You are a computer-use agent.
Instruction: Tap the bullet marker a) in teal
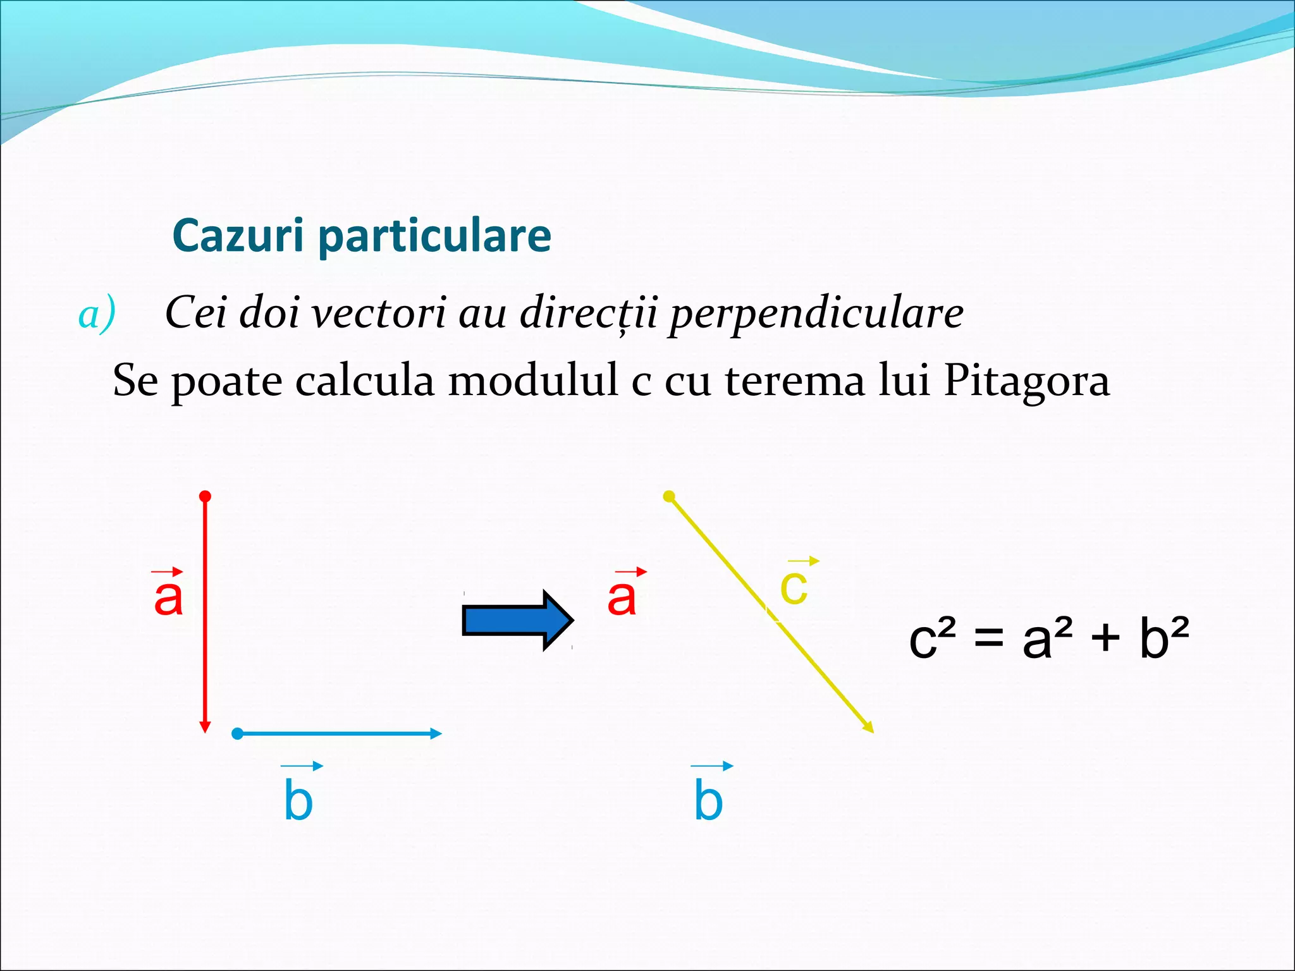pos(97,314)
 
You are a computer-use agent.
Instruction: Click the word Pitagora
pos(1026,381)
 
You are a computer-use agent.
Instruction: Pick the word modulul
pos(533,381)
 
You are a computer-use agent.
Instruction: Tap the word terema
pos(795,381)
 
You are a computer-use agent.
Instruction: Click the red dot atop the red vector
pos(205,496)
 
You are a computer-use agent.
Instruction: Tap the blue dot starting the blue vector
pos(237,734)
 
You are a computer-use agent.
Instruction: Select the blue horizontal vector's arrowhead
pos(436,734)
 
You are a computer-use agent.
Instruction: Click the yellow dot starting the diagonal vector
pos(669,496)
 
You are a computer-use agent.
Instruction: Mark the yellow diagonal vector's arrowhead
pos(869,728)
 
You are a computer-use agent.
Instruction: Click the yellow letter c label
pos(794,587)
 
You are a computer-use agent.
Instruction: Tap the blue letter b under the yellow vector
pos(708,800)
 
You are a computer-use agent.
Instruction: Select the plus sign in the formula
pos(1105,637)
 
